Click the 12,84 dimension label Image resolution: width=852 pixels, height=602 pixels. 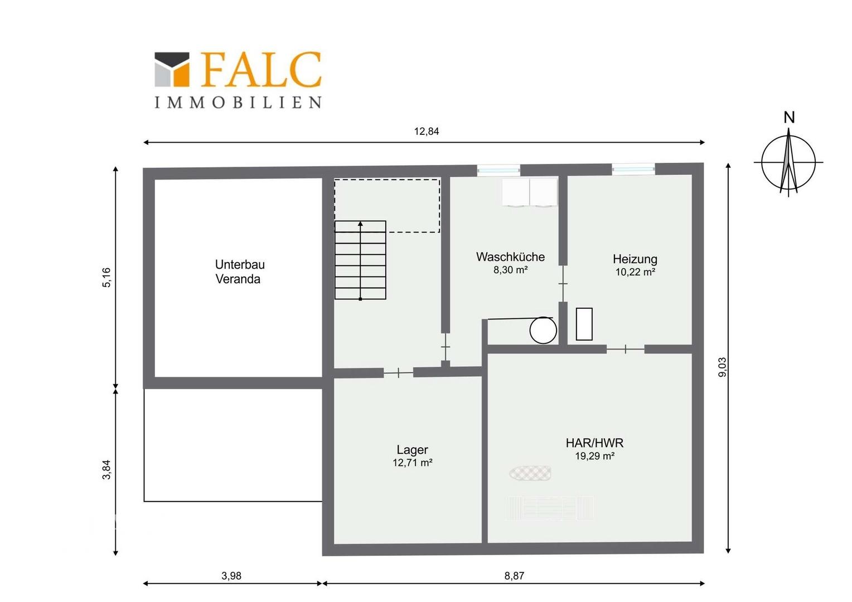[x=427, y=131]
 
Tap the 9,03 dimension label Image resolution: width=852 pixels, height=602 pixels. [x=722, y=367]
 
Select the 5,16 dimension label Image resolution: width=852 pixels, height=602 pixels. [x=107, y=278]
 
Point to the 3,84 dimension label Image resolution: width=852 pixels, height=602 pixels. [x=107, y=470]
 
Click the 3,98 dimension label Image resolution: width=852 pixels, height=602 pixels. [x=231, y=576]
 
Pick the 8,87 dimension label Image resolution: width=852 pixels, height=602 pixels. [x=514, y=576]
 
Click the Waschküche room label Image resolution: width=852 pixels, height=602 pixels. [x=510, y=257]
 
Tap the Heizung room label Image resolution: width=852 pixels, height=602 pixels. [x=635, y=259]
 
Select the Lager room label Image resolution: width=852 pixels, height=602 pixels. [x=412, y=450]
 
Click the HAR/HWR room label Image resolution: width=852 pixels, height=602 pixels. [x=594, y=443]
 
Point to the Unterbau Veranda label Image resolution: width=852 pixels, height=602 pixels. [x=240, y=271]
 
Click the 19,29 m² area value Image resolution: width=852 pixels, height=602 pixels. [x=595, y=456]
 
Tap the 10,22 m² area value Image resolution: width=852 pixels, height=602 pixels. [x=635, y=272]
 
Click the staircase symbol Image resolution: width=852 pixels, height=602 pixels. [x=360, y=260]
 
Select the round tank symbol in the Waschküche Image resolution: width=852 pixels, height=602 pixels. [x=543, y=330]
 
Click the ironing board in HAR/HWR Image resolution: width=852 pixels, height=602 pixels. [x=530, y=473]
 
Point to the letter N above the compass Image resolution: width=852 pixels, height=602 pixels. [x=789, y=118]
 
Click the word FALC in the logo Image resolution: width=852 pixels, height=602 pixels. [x=262, y=70]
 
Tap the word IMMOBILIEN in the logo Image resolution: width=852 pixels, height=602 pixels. [x=238, y=103]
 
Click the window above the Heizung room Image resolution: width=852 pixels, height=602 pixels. [x=633, y=169]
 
